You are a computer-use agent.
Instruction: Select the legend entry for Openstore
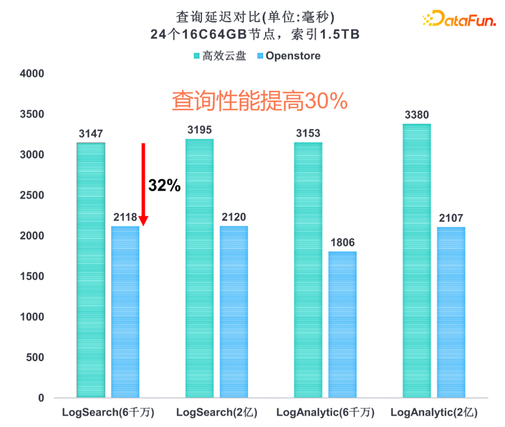[289, 56]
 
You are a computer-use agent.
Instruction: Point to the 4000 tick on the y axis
[32, 74]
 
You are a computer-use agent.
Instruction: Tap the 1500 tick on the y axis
[32, 277]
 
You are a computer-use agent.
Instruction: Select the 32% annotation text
[164, 185]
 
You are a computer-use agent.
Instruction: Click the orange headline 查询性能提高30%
[260, 101]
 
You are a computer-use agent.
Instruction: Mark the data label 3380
[417, 115]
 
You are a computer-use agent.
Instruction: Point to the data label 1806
[343, 242]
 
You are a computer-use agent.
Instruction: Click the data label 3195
[200, 130]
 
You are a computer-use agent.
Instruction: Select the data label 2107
[451, 218]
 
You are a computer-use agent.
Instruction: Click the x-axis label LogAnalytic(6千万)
[325, 413]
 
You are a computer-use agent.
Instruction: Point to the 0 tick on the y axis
[41, 398]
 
